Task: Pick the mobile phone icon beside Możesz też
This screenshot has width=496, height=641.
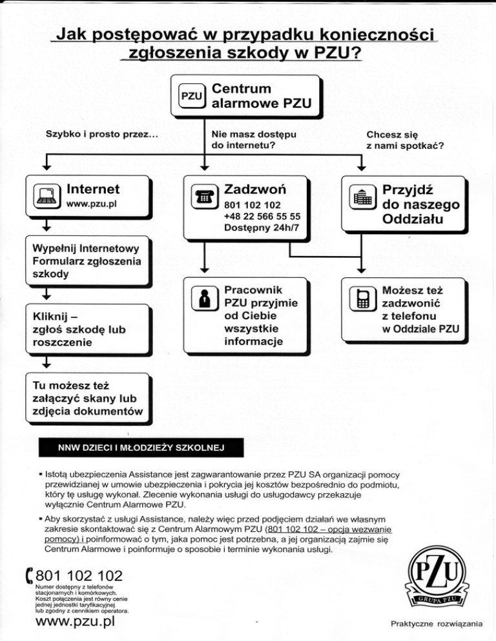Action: click(x=364, y=301)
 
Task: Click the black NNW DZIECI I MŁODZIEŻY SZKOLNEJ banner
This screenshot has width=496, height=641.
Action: click(x=139, y=447)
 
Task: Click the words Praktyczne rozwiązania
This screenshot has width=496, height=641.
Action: click(x=437, y=624)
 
